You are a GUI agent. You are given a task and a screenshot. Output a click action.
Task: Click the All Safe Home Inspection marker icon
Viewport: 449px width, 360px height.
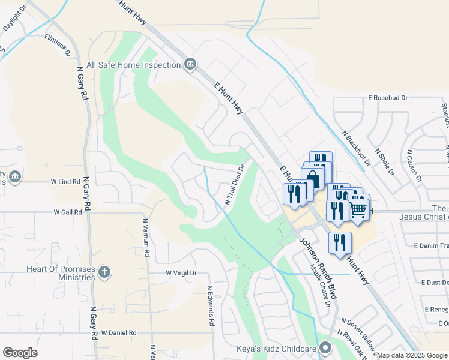click(x=190, y=64)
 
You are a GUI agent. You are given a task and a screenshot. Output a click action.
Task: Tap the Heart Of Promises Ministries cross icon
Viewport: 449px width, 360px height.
click(x=105, y=272)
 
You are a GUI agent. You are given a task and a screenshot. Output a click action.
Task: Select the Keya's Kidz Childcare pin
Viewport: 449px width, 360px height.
click(x=325, y=347)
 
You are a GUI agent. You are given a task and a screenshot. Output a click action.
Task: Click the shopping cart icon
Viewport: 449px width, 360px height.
click(x=358, y=209)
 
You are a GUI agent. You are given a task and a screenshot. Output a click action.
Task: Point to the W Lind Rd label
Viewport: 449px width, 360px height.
click(x=65, y=181)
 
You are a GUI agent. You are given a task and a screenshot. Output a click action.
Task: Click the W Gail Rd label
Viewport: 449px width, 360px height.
click(x=67, y=212)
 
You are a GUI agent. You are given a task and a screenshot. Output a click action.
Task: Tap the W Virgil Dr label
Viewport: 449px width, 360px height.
click(x=181, y=273)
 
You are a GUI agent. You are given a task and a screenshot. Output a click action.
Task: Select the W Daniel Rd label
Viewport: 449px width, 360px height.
click(x=119, y=332)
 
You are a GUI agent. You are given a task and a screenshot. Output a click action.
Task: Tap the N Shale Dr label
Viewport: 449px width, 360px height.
click(x=385, y=162)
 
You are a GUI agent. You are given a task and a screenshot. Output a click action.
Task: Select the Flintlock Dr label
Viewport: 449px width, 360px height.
click(x=57, y=45)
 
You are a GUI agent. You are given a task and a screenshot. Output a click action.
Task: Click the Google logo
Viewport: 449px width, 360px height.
click(x=20, y=353)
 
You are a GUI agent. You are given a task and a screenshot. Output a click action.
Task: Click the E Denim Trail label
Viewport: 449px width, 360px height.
click(x=431, y=245)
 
